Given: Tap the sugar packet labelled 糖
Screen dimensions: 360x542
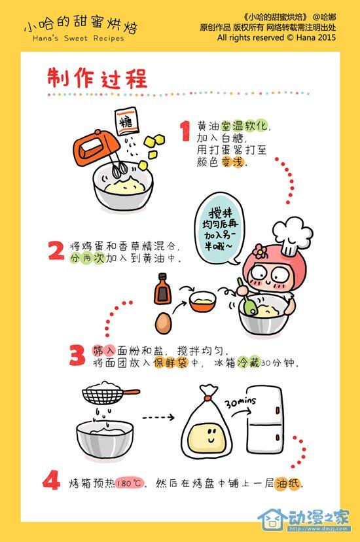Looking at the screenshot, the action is [126, 121].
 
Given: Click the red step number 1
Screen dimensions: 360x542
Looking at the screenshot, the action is [185, 131].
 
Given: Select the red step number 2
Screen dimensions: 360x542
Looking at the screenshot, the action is [56, 250].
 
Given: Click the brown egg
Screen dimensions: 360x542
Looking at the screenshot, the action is [164, 323].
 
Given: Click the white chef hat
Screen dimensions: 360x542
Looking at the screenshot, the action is [293, 234].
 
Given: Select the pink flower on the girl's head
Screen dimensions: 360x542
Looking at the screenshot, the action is [259, 251].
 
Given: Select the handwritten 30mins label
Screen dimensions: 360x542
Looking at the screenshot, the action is [240, 403].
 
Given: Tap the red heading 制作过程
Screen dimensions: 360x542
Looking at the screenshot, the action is [97, 78].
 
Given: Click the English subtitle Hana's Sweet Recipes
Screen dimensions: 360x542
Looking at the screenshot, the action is [78, 39].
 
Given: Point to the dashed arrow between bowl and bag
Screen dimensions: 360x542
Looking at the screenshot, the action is [158, 417].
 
